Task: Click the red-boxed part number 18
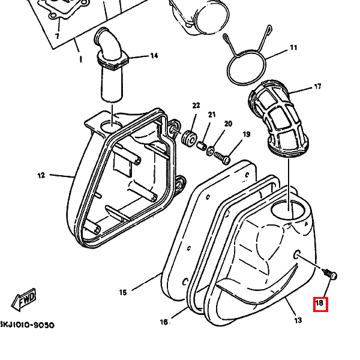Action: coord(320,304)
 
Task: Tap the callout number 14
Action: coord(154,56)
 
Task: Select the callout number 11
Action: coord(293,47)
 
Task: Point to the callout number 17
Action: coord(317,87)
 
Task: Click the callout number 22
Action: coord(196,106)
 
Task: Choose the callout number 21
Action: coord(212,115)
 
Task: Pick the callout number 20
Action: coord(228,124)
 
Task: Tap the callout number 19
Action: coord(246,134)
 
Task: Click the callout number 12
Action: coord(41,176)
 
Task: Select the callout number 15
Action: coord(123,293)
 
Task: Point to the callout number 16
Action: coord(163,322)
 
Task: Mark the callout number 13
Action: coord(298,320)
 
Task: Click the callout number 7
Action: coord(57,37)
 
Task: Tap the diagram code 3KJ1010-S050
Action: coord(27,325)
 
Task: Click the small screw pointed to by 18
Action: coord(331,275)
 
